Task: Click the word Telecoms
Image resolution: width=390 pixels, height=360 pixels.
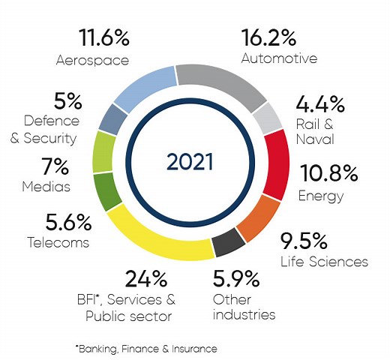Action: (x=58, y=242)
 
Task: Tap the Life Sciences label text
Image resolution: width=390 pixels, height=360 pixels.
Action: (x=323, y=261)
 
